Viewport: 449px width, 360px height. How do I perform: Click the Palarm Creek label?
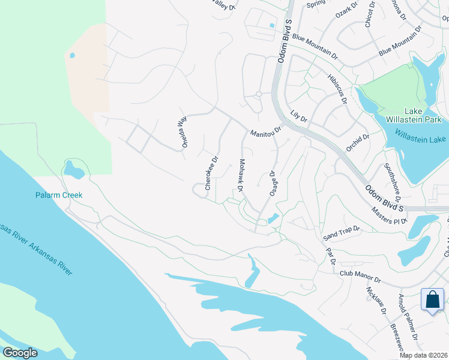click(58, 195)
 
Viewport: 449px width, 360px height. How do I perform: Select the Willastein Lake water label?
click(420, 139)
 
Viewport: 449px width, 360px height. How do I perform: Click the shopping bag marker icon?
click(432, 300)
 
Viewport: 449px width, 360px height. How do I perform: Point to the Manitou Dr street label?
click(266, 131)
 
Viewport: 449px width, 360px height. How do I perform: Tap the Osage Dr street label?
click(275, 183)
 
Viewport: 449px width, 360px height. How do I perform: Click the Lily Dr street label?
click(298, 115)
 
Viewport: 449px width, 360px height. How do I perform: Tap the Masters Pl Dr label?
click(390, 217)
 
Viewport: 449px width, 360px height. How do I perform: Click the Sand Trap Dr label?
click(340, 230)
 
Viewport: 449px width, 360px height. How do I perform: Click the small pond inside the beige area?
click(73, 55)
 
